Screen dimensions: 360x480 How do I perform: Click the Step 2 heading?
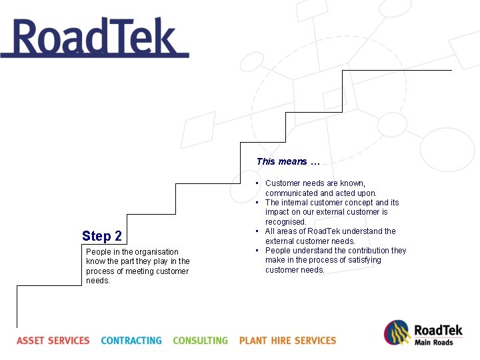point(102,236)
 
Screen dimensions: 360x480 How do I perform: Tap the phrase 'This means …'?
point(288,161)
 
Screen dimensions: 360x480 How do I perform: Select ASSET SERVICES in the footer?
point(53,341)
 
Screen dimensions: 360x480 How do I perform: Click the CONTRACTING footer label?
point(131,341)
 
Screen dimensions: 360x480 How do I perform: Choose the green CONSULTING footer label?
point(200,341)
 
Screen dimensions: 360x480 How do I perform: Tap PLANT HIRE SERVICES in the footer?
point(287,341)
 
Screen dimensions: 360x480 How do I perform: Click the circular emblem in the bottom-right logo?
point(397,333)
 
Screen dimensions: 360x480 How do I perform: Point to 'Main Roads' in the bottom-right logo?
point(434,343)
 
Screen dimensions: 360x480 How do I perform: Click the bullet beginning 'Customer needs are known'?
point(320,188)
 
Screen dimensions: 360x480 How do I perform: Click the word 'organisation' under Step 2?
point(157,252)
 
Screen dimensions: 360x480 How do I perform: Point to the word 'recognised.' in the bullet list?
point(286,222)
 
